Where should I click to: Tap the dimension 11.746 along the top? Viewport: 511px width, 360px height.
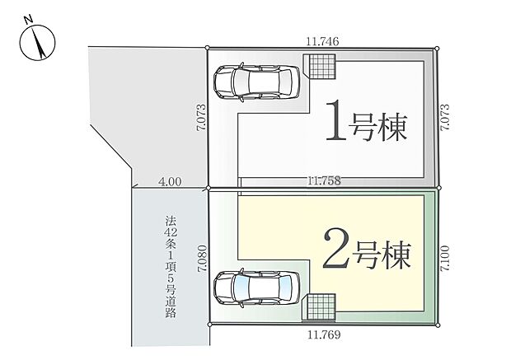click(322, 39)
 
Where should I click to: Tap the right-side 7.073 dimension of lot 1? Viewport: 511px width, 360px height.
click(446, 117)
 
